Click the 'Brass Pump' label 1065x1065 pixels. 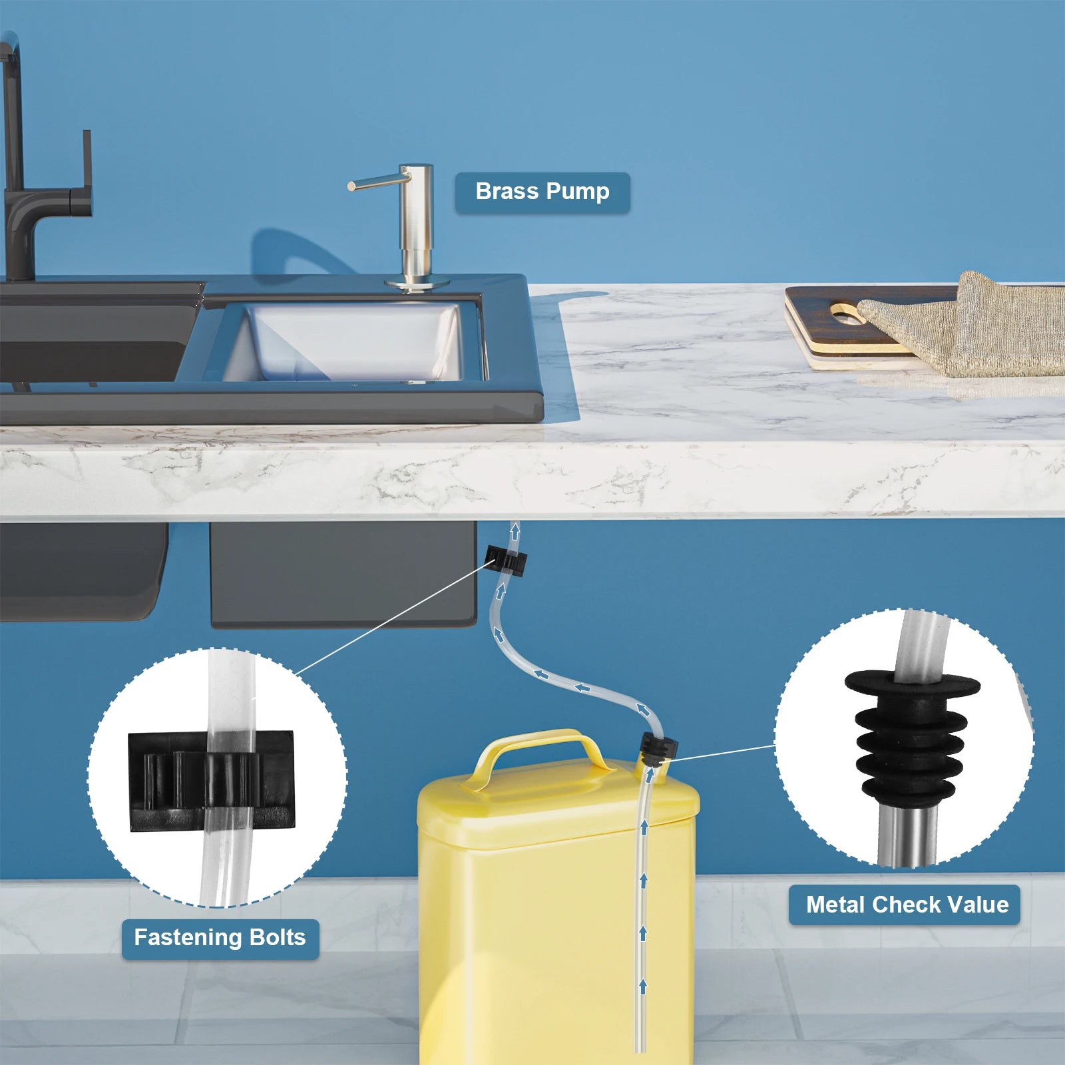[542, 192]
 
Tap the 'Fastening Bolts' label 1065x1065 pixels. [220, 938]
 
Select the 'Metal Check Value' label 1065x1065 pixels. [905, 905]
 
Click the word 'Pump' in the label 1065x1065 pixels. [577, 192]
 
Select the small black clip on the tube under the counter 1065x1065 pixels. [507, 562]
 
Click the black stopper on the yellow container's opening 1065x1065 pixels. [658, 748]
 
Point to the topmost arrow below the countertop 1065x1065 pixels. [515, 532]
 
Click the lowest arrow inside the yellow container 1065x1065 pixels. [643, 986]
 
